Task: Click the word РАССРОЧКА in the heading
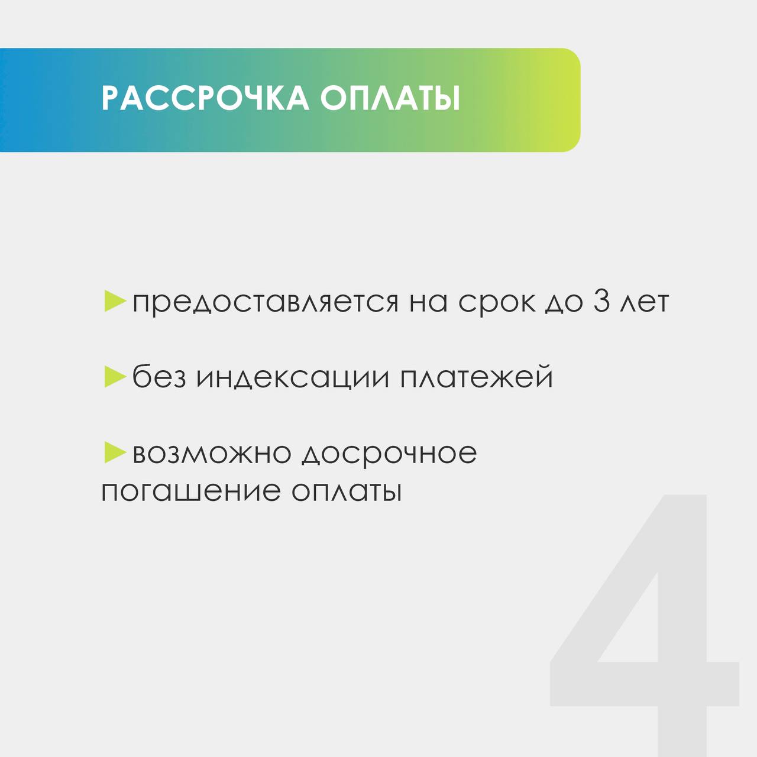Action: [205, 98]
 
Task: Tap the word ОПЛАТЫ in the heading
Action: [390, 98]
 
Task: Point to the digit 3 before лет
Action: [601, 301]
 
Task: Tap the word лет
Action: [645, 303]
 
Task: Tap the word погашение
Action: [191, 491]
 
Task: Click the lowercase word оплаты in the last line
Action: [347, 491]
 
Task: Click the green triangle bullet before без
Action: [115, 377]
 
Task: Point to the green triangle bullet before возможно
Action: [115, 452]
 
